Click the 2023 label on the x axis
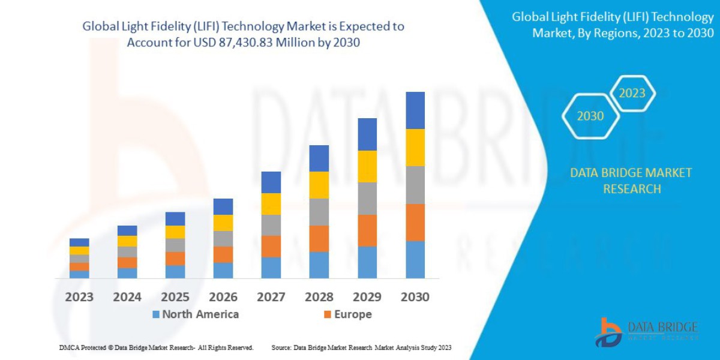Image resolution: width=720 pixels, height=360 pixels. (79, 297)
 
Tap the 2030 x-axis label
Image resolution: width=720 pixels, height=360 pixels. (415, 297)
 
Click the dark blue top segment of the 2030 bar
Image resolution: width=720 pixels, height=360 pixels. (415, 110)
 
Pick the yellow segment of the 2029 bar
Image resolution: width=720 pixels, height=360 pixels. (367, 166)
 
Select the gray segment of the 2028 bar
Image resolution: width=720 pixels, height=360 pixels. (319, 212)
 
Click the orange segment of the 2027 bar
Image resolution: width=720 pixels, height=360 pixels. (271, 246)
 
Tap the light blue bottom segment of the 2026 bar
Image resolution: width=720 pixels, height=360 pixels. (223, 271)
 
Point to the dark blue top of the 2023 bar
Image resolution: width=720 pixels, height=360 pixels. (79, 242)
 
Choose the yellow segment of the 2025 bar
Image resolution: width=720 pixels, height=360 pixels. (175, 232)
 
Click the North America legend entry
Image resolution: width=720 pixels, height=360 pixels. (196, 314)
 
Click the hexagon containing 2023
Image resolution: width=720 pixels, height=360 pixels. (632, 94)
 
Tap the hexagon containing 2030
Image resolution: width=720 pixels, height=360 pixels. (590, 116)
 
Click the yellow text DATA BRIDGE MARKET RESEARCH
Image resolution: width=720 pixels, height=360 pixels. (631, 181)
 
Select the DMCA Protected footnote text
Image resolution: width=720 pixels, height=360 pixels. (156, 347)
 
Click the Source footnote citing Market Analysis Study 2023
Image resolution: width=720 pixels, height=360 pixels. (361, 347)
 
